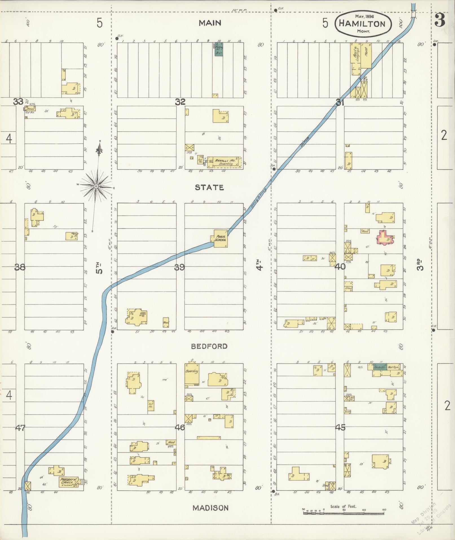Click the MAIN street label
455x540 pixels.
210,23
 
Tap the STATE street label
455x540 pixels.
210,187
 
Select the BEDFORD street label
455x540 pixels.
209,346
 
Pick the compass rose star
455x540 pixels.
96,186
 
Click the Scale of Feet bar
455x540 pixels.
344,513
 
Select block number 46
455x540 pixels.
180,428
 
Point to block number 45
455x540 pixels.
340,427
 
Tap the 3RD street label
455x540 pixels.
421,265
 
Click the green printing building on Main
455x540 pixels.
218,49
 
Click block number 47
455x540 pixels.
20,428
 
